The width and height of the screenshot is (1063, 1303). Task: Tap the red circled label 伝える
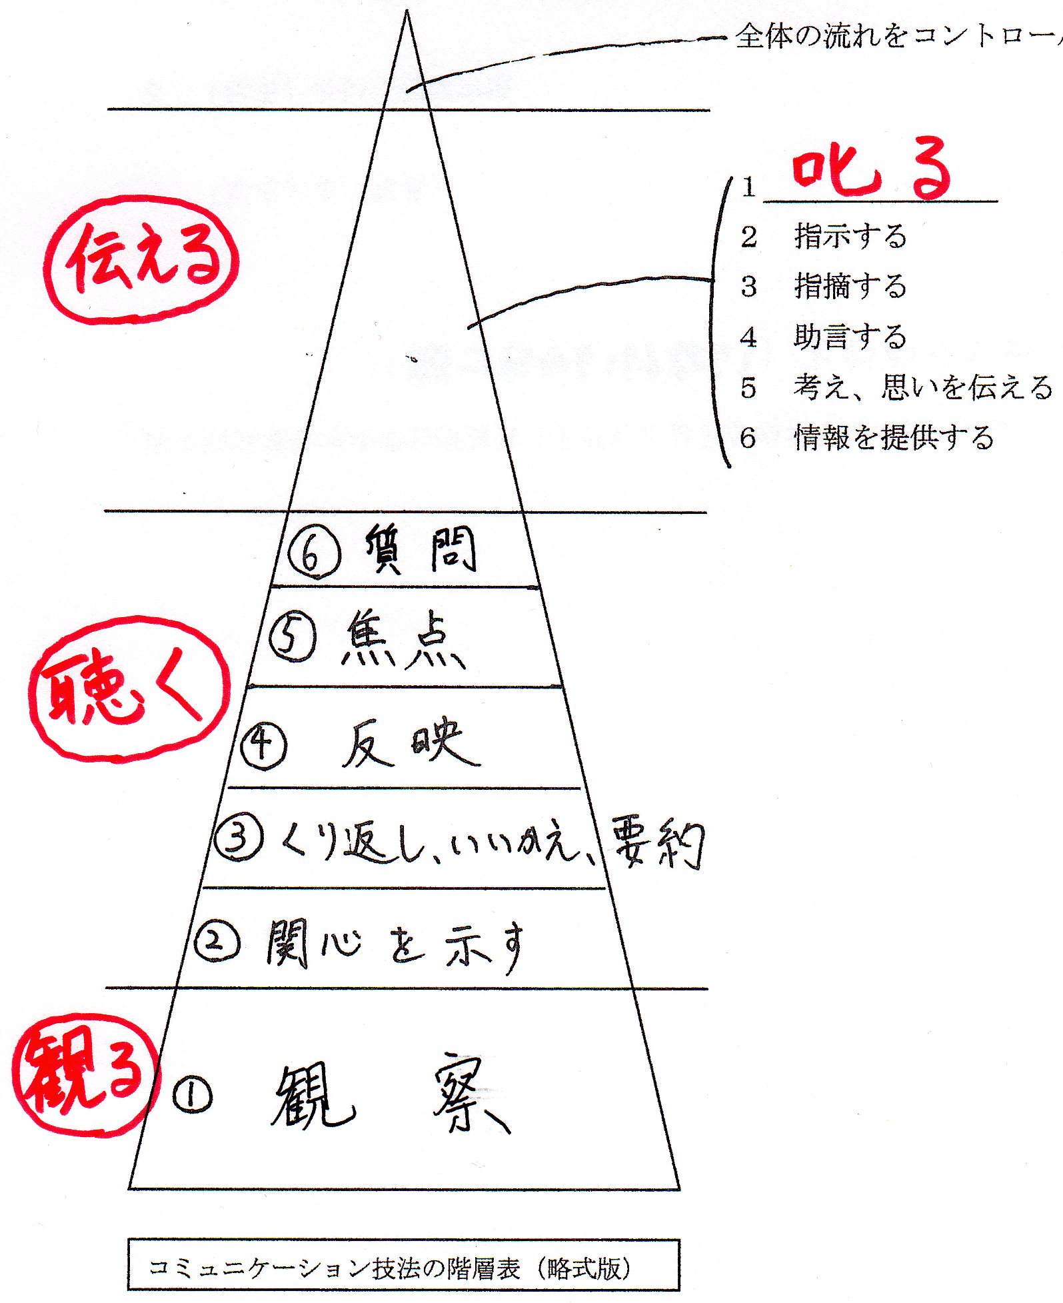click(x=141, y=260)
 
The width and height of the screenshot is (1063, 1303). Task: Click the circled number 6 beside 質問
click(x=314, y=553)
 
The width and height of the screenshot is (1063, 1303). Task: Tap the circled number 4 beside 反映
click(x=264, y=745)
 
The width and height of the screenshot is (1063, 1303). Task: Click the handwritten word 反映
click(x=409, y=743)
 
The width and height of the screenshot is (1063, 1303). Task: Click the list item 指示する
click(x=850, y=236)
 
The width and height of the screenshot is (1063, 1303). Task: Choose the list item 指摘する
click(x=850, y=286)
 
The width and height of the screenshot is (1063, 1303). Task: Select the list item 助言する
click(x=850, y=337)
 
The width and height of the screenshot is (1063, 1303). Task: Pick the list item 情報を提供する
click(x=893, y=437)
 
